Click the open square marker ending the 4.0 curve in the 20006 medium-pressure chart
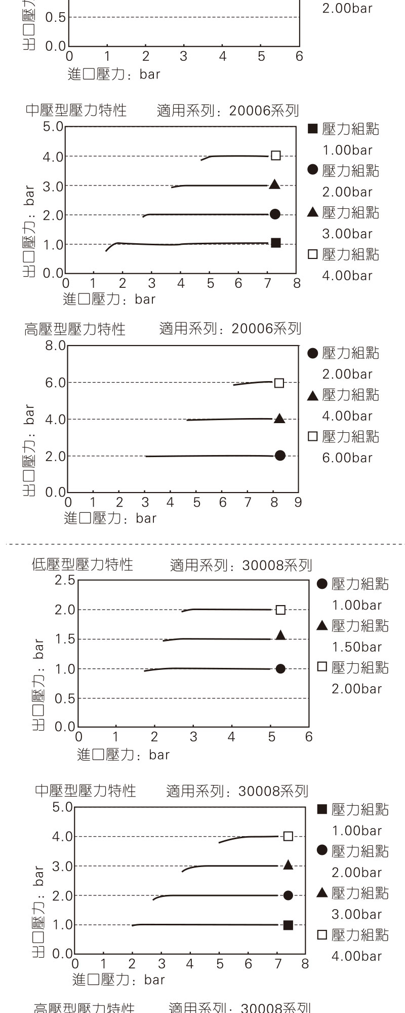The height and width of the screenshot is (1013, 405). pyautogui.click(x=275, y=156)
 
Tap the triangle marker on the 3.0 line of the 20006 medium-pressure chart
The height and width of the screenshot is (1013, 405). pyautogui.click(x=274, y=184)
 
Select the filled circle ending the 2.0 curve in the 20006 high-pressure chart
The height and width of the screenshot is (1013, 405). pyautogui.click(x=280, y=456)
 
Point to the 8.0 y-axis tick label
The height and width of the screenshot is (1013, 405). pyautogui.click(x=55, y=346)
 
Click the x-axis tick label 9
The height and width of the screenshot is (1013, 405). pyautogui.click(x=298, y=502)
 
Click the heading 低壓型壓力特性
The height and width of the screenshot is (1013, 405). pyautogui.click(x=83, y=565)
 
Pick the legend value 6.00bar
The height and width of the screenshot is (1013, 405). pyautogui.click(x=347, y=458)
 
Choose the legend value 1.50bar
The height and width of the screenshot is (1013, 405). pyautogui.click(x=357, y=647)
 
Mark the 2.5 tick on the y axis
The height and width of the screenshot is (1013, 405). pyautogui.click(x=65, y=580)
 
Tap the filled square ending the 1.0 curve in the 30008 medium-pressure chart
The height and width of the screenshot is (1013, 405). pyautogui.click(x=288, y=925)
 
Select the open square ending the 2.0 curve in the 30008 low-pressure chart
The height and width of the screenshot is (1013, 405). pyautogui.click(x=280, y=610)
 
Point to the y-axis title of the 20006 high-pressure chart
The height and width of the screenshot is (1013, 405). pyautogui.click(x=29, y=450)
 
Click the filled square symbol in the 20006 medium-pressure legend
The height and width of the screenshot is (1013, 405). pyautogui.click(x=313, y=129)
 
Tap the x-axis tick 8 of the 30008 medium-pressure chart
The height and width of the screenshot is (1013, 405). pyautogui.click(x=305, y=964)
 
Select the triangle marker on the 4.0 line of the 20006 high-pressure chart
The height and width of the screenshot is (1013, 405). pyautogui.click(x=279, y=419)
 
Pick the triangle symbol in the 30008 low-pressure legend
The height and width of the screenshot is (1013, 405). pyautogui.click(x=322, y=626)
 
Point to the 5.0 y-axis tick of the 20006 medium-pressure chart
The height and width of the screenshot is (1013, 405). pyautogui.click(x=53, y=126)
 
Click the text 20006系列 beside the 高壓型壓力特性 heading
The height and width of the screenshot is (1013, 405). pyautogui.click(x=266, y=329)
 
